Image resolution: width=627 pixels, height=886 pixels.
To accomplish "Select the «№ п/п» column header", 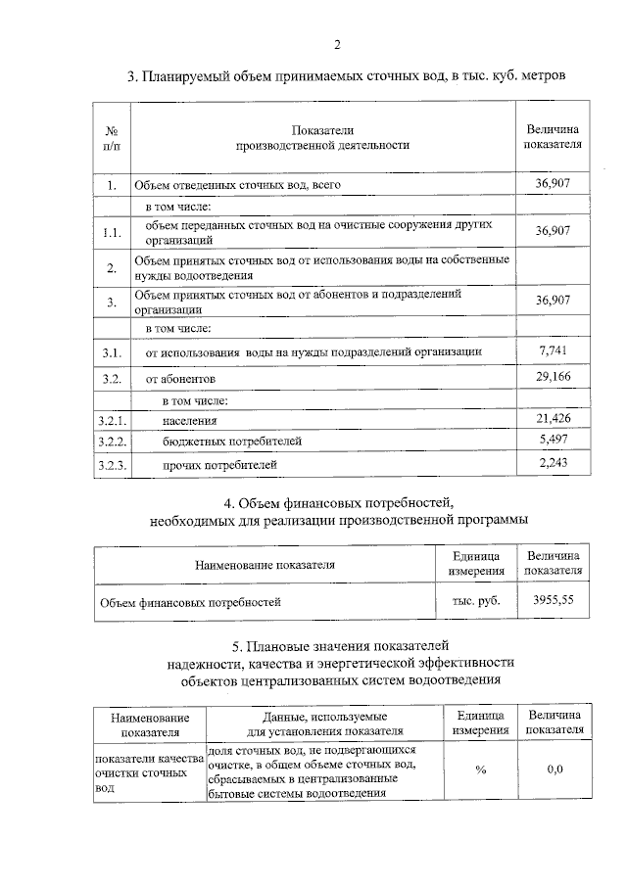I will (x=111, y=137).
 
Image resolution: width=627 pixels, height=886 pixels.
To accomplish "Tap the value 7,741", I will (x=554, y=350).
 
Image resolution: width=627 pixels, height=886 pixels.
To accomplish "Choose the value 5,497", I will (x=554, y=441).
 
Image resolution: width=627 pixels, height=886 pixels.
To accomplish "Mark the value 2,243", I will (x=554, y=463).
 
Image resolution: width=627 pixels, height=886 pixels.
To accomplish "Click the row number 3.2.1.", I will (x=111, y=420).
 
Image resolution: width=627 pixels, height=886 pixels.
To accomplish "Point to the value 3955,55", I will (x=553, y=599).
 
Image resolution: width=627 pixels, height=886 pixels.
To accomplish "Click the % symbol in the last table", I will (x=480, y=769).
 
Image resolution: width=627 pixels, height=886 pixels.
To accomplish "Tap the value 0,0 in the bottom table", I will (x=555, y=769).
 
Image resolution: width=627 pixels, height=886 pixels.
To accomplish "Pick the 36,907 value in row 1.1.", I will (x=554, y=231).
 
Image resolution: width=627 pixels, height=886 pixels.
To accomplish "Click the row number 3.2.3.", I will (x=111, y=464).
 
